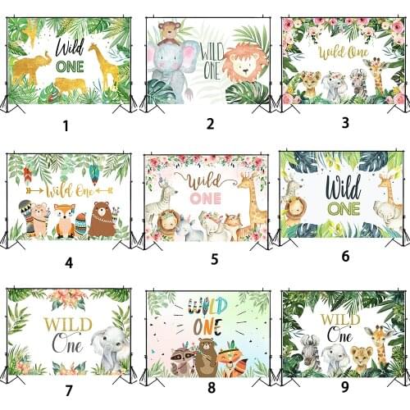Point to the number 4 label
pyautogui.click(x=69, y=263)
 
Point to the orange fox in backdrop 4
pyautogui.click(x=64, y=221)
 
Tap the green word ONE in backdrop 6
pyautogui.click(x=344, y=209)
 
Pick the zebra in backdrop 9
pyautogui.click(x=308, y=351)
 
